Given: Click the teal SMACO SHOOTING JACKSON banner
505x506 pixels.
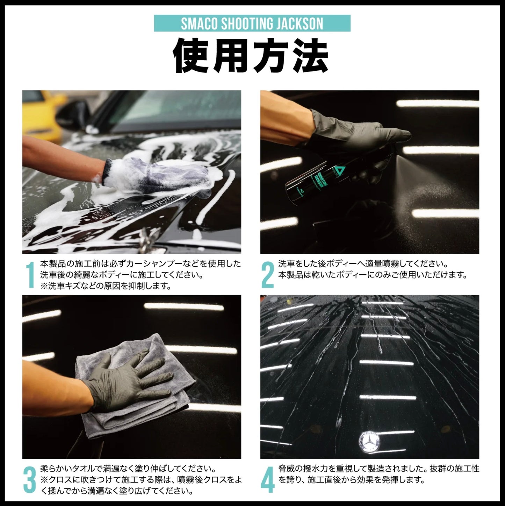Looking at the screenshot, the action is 252,23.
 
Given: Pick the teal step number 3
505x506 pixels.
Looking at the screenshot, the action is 29,480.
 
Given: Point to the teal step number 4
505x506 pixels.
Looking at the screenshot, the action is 268,480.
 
